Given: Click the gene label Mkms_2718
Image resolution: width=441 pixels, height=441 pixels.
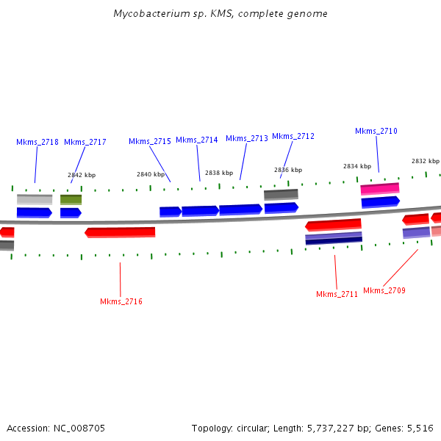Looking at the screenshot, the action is click(37, 142).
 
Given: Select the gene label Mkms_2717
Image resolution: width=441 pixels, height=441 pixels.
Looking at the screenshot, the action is click(85, 142).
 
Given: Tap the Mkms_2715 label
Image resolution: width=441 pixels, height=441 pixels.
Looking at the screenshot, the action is click(150, 141).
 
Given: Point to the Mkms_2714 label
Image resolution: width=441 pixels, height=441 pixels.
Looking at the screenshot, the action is click(197, 140).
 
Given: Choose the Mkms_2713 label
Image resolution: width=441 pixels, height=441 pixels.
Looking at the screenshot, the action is click(247, 138).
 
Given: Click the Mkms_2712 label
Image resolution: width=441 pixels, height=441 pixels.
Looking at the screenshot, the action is click(293, 136).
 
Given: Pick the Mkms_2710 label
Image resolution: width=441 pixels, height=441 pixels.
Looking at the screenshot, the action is click(376, 131).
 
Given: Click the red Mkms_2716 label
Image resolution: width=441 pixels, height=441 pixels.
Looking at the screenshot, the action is click(121, 301).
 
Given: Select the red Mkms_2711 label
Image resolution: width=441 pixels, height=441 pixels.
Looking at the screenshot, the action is click(337, 294).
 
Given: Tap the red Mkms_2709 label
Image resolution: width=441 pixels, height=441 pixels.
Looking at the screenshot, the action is click(384, 290).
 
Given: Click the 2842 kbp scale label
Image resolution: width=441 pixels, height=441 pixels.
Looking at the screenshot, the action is click(82, 175).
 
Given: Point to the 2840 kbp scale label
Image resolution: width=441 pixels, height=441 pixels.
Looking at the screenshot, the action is click(151, 174).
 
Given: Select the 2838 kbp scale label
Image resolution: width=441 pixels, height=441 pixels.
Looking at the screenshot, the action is click(219, 173).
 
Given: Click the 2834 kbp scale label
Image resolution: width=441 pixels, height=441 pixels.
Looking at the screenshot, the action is click(357, 166).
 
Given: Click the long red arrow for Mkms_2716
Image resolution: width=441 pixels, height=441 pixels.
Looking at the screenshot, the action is click(121, 232).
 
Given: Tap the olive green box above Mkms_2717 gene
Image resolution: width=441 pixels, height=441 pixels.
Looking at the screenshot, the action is click(71, 199).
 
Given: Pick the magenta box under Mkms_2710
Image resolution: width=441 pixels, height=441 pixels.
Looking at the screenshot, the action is click(380, 189).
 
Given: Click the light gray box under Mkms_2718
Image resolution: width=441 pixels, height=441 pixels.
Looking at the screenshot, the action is click(35, 199).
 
